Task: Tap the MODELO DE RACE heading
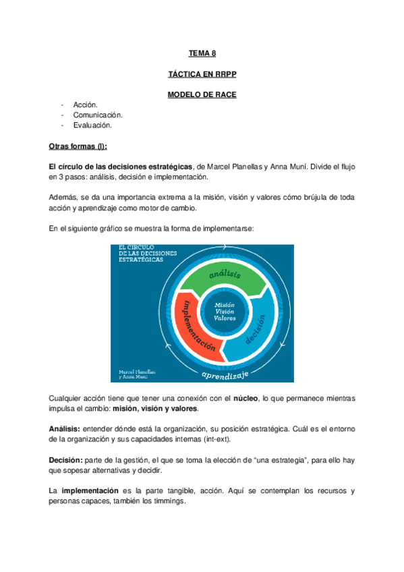point(202,95)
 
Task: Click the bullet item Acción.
point(86,105)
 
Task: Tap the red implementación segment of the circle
point(196,321)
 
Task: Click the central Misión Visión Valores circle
point(225,311)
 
